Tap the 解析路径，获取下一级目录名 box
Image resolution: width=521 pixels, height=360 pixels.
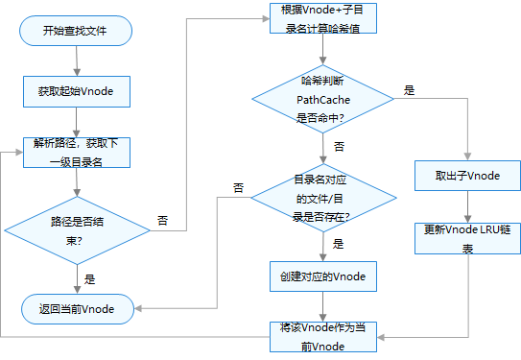76,153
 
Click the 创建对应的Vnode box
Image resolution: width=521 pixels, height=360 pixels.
322,276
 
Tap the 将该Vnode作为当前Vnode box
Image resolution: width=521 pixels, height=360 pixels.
322,337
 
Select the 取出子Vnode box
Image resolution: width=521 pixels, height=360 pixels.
467,176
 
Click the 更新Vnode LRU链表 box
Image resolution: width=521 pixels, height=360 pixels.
467,238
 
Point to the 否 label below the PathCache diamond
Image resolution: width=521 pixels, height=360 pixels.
338,146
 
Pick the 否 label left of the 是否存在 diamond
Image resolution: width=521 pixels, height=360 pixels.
238,188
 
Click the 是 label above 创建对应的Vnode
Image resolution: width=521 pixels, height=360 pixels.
338,245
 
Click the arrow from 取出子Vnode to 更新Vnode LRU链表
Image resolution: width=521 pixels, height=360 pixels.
467,206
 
